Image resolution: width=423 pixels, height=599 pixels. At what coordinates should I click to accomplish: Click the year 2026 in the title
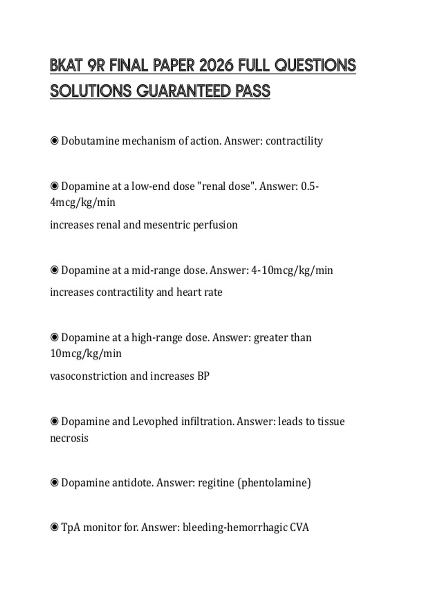point(216,66)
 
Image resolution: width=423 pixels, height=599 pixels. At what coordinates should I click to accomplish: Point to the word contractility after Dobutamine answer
point(294,141)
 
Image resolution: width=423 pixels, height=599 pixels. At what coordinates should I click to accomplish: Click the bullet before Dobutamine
point(54,141)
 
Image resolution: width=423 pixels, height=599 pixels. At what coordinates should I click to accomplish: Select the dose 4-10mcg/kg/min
point(292,270)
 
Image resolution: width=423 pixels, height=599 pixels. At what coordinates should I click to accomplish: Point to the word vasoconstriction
point(88,376)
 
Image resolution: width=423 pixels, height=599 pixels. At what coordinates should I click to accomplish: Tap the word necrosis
point(69,438)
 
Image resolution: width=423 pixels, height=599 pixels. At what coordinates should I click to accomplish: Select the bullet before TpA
point(54,527)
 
